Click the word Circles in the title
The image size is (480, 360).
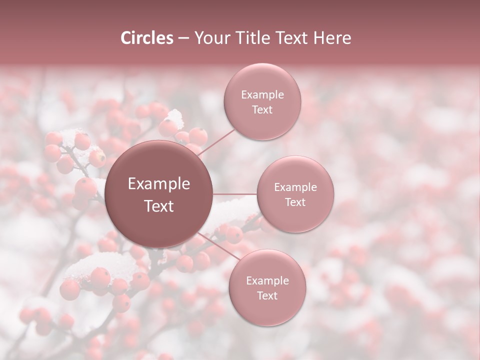point(147,38)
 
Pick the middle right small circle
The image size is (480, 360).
point(295,217)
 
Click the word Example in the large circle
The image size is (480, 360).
point(159,184)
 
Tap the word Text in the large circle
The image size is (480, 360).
point(159,206)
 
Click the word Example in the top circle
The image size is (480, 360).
point(262,95)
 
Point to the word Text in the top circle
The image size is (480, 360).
point(262,109)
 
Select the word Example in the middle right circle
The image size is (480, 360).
point(295,187)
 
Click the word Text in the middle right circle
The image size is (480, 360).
point(295,202)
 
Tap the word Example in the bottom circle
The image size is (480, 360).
point(267,281)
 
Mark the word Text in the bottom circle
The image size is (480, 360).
point(267,295)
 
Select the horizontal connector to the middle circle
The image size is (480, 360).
point(235,194)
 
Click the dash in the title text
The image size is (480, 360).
point(183,38)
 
